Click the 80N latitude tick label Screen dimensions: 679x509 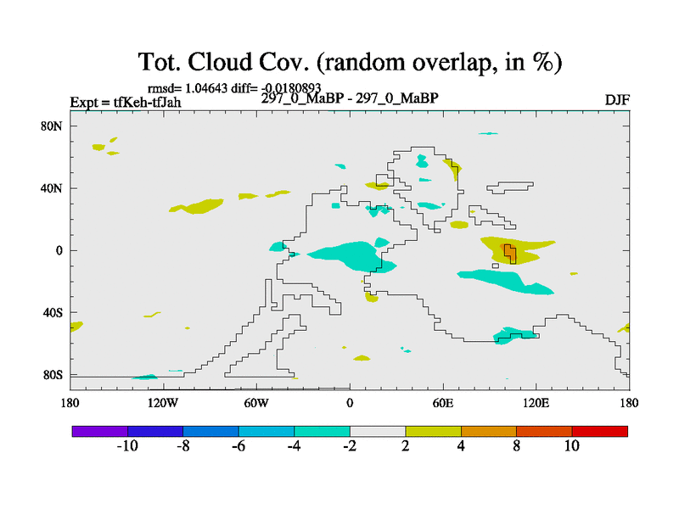point(52,126)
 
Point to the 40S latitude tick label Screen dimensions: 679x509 point(53,312)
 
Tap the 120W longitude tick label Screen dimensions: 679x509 point(163,404)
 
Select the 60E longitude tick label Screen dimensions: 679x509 point(443,404)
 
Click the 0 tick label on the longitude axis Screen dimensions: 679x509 point(350,404)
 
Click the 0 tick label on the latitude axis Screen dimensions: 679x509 point(59,250)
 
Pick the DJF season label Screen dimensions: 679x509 point(617,100)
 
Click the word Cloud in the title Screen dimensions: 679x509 point(220,62)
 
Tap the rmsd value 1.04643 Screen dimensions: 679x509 point(206,88)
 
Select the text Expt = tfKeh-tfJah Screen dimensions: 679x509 point(126,102)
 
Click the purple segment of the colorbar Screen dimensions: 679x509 point(100,432)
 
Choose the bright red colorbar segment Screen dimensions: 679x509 point(600,432)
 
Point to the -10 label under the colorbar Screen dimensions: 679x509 point(127,446)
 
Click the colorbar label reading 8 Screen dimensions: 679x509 point(517,446)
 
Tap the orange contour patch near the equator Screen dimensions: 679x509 point(508,253)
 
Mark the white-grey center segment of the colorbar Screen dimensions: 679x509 point(378,432)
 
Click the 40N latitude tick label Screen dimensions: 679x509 point(52,188)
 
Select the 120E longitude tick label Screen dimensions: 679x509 point(536,404)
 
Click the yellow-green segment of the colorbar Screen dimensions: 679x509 point(434,432)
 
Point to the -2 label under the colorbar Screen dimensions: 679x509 point(350,446)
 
